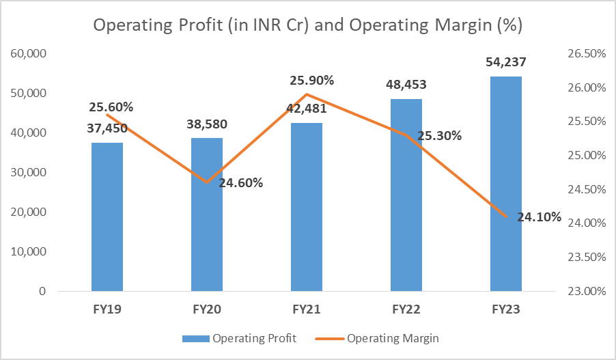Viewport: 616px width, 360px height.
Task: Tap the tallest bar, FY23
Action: coord(505,184)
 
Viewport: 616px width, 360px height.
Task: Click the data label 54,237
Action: coord(506,62)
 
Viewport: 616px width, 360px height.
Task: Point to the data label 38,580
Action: coord(206,124)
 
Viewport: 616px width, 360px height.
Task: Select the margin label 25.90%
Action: coord(312,81)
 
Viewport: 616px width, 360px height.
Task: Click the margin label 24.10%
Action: coord(540,218)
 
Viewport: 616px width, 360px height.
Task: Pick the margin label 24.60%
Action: coord(241,182)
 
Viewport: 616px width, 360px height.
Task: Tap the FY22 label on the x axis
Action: coord(406,309)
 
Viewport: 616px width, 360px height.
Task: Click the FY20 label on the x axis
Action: coord(206,309)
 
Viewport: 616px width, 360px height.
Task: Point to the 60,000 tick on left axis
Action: coord(28,53)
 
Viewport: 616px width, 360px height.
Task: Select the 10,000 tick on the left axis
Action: coord(28,251)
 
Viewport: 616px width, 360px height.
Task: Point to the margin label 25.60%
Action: coord(111,107)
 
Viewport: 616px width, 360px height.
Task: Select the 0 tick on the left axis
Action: coord(42,291)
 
